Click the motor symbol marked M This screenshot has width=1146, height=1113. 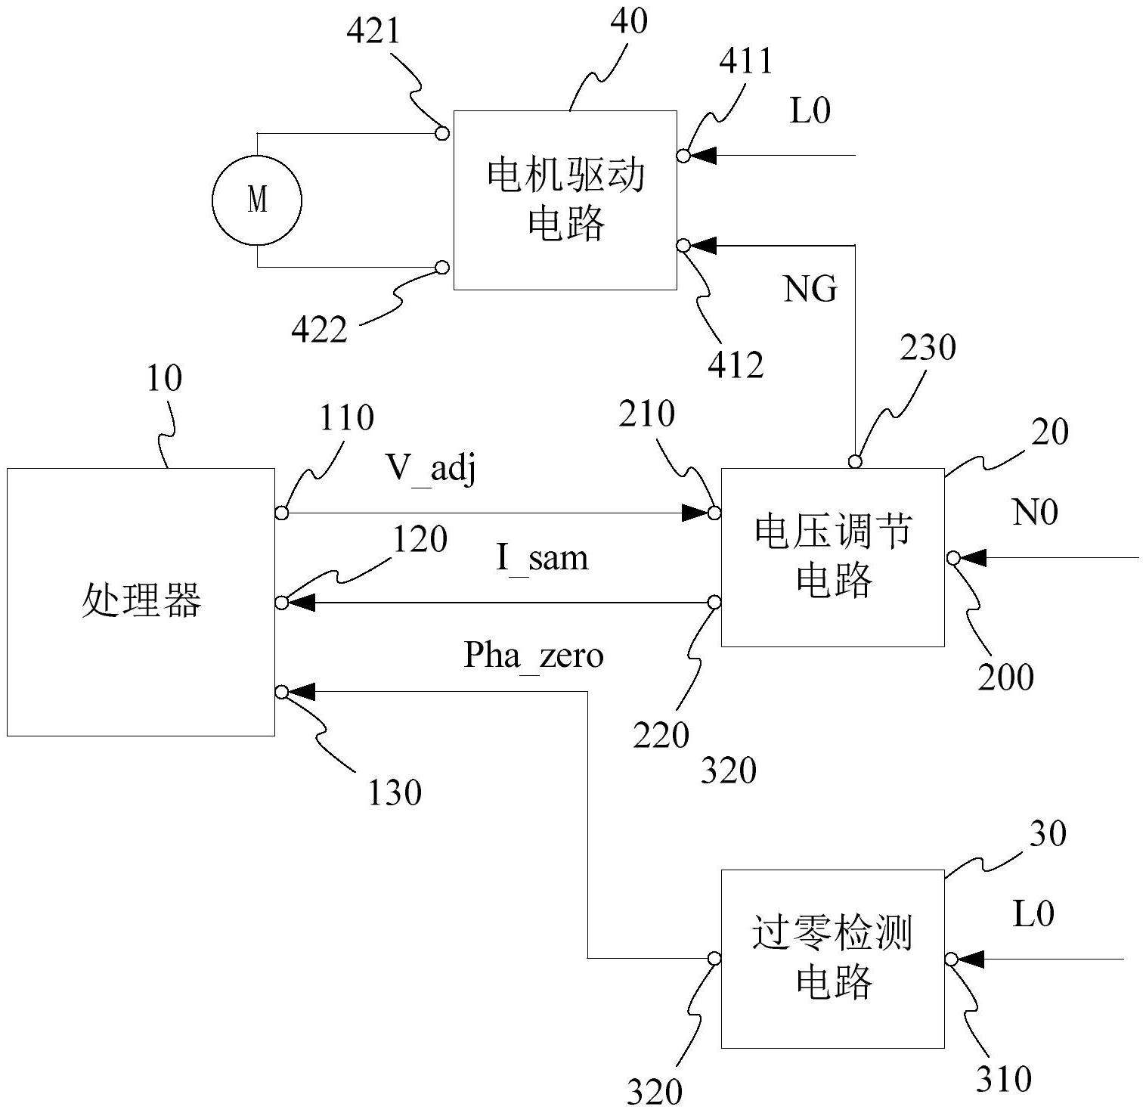tap(257, 200)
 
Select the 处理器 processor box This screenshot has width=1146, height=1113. tap(141, 602)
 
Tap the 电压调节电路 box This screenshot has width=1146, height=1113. tap(832, 557)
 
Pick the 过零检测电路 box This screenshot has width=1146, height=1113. tap(832, 959)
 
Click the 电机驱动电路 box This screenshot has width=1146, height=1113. tap(565, 200)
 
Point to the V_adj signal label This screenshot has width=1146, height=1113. tap(432, 470)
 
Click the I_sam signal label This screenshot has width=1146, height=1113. tap(542, 559)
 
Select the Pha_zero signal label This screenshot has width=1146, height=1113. tap(534, 655)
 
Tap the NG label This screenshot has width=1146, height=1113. tap(810, 289)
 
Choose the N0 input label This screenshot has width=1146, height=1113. tap(1035, 513)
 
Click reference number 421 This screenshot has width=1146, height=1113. tap(373, 32)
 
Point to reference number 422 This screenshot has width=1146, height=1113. tap(320, 330)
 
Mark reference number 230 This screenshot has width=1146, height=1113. tap(928, 348)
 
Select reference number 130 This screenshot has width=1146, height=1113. tap(395, 792)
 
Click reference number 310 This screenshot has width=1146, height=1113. tap(1004, 1079)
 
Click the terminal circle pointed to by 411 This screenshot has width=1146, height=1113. tap(683, 156)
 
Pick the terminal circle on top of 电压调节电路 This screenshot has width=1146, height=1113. tap(855, 461)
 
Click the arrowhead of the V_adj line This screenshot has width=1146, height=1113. tap(694, 513)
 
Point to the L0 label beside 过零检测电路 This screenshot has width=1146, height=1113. tap(1033, 914)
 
